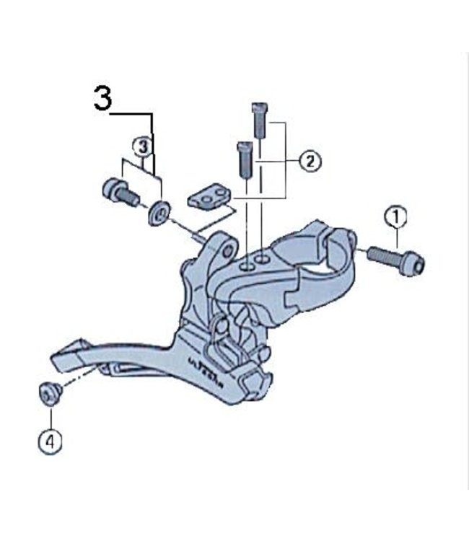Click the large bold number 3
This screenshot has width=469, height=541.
(x=103, y=100)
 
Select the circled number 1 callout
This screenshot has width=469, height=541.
(x=395, y=216)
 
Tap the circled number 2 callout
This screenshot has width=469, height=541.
(x=310, y=161)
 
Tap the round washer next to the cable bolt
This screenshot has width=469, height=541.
(x=158, y=213)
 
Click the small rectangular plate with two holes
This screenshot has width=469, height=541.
(x=209, y=196)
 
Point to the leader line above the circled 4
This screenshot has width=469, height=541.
(x=51, y=418)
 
